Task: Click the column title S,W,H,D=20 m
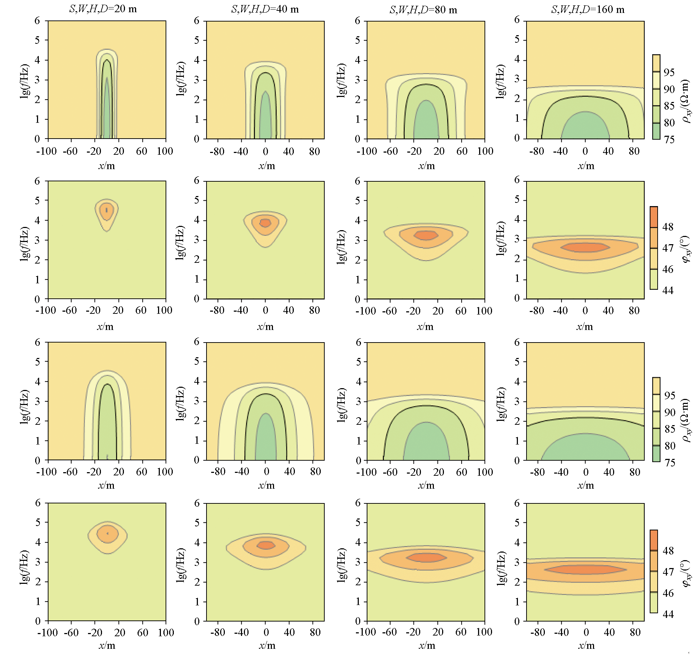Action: [103, 9]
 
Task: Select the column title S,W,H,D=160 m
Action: [588, 9]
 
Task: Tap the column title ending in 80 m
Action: [423, 10]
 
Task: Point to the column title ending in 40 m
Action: [265, 9]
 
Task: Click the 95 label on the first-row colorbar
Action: [669, 73]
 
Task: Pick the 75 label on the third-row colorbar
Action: [669, 462]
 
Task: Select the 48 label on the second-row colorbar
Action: [668, 227]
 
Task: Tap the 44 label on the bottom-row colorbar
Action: [668, 614]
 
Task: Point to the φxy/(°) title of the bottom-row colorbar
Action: [686, 573]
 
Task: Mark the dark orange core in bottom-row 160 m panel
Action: [585, 569]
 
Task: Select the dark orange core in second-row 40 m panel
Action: [265, 223]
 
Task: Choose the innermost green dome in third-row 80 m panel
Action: [426, 443]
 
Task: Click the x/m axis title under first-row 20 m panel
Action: [106, 166]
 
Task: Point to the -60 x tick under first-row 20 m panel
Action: [70, 151]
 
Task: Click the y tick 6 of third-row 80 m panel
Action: [358, 342]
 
